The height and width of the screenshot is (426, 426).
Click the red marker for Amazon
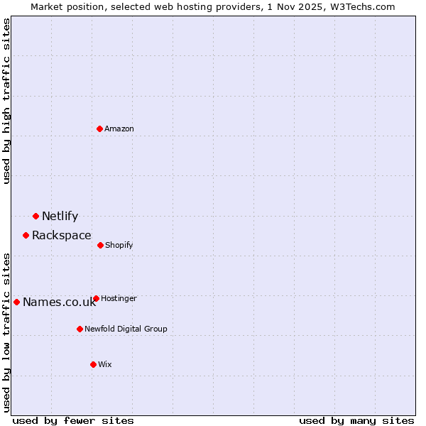pos(100,129)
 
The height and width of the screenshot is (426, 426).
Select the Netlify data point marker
pos(35,216)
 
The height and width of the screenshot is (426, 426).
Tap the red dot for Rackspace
pos(26,235)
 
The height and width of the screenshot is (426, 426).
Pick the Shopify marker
pos(100,245)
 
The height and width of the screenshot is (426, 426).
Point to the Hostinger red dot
pos(96,299)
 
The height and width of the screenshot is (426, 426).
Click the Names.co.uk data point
pos(16,302)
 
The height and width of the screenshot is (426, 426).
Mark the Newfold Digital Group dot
pos(80,329)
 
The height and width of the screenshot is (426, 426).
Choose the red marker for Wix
pos(93,364)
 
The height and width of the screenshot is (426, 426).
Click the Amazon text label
pos(119,129)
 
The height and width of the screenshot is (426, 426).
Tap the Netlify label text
pos(60,217)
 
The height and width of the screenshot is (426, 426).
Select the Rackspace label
pos(61,236)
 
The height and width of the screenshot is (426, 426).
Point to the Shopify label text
pos(119,245)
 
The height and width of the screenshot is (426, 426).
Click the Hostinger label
pos(119,299)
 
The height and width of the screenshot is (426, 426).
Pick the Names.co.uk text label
pos(59,302)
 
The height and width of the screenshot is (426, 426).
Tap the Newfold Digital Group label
pos(126,329)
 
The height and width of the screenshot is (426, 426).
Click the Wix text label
pos(105,364)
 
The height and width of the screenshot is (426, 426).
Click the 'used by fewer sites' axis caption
pos(73,420)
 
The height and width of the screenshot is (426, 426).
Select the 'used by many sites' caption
pos(356,420)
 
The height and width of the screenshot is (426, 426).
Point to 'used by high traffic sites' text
pos(6,102)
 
